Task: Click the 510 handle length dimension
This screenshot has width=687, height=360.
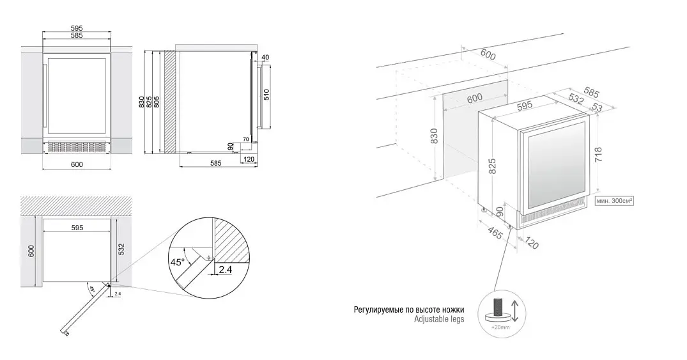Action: click(266, 95)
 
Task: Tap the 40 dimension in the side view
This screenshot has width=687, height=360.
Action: click(265, 58)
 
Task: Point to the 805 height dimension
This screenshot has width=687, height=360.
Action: click(157, 102)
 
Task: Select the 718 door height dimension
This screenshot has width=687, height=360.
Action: click(599, 155)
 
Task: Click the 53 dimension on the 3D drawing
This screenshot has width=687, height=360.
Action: click(597, 107)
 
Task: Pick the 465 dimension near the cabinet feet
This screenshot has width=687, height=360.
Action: click(495, 232)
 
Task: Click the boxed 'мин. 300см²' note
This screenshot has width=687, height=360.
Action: click(614, 201)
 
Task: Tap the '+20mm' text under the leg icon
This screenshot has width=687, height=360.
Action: click(501, 327)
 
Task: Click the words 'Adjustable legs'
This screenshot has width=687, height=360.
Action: click(439, 319)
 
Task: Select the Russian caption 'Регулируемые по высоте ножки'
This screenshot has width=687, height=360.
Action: click(409, 310)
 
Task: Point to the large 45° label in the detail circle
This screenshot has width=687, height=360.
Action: click(178, 262)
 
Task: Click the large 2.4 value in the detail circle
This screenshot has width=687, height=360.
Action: click(225, 270)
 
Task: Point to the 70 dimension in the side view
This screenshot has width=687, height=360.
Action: click(246, 139)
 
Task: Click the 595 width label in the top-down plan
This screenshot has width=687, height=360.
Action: click(77, 228)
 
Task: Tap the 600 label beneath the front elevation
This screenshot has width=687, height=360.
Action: click(77, 164)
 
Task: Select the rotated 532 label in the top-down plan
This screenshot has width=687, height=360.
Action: click(121, 249)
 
